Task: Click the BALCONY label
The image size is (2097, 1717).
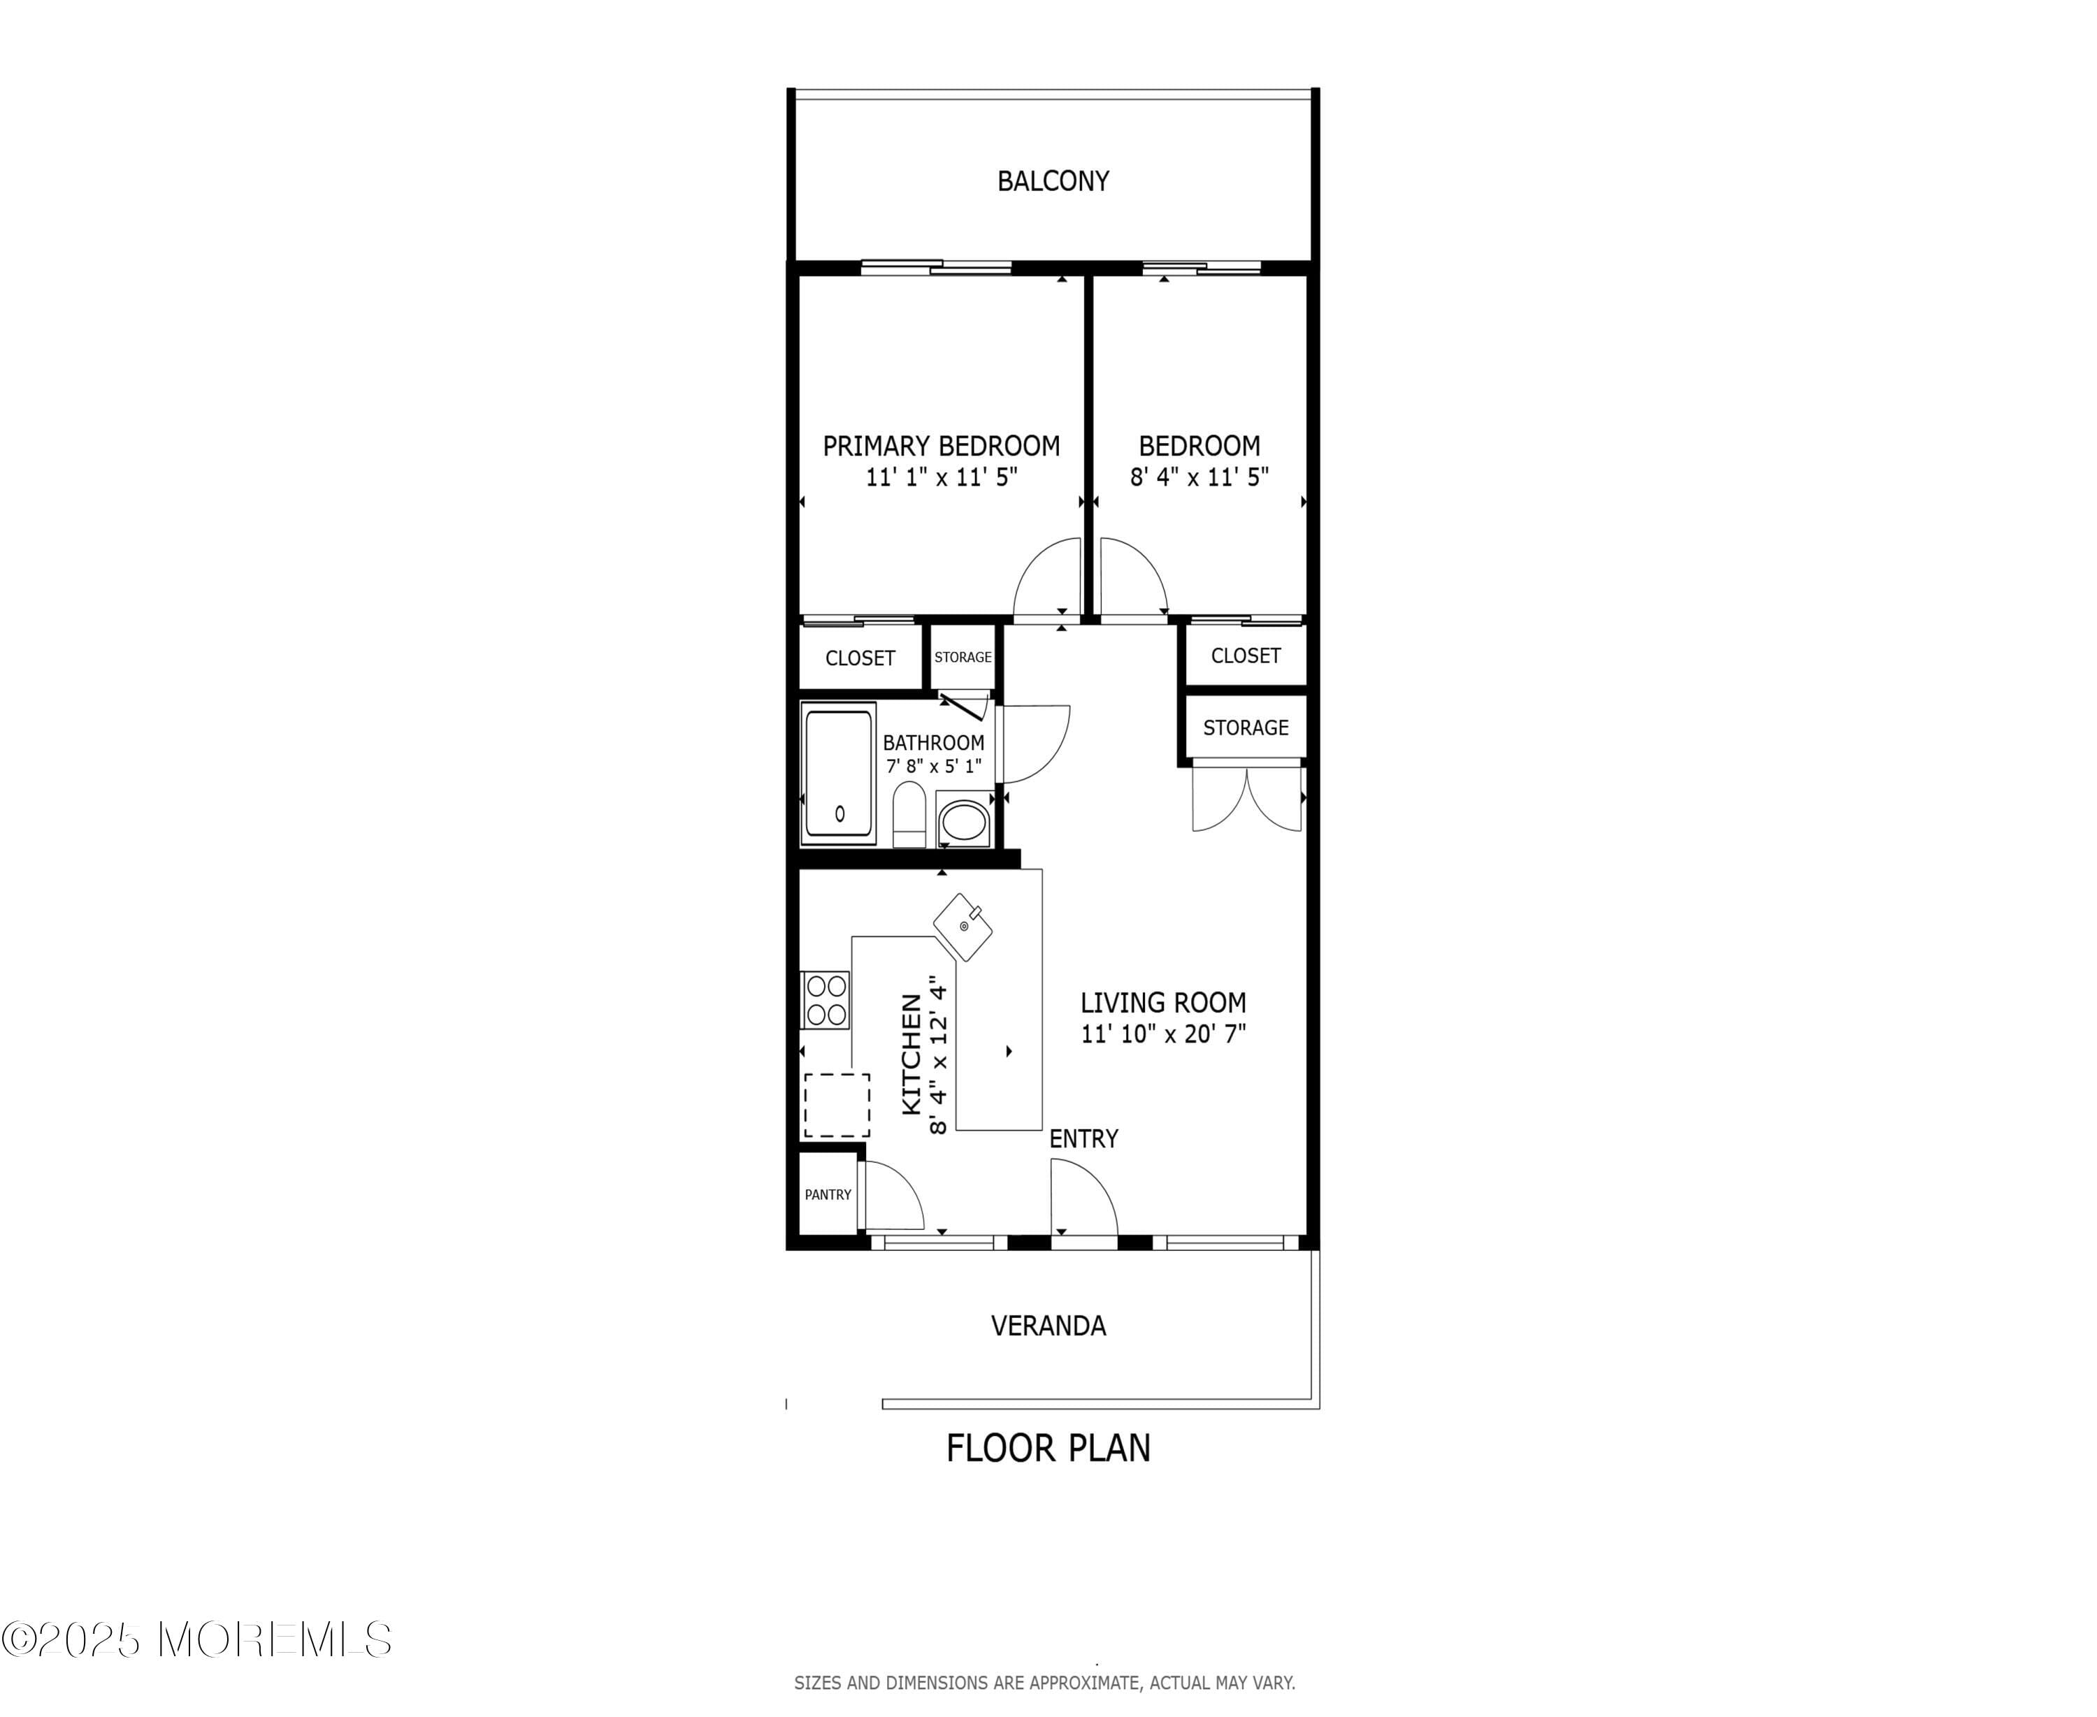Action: (1053, 181)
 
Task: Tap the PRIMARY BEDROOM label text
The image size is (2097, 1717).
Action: (941, 446)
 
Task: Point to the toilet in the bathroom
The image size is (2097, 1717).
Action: (907, 813)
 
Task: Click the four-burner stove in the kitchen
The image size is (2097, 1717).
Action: (825, 1000)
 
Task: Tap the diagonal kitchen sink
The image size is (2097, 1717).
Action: (963, 927)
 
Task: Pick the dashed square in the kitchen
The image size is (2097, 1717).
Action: (837, 1105)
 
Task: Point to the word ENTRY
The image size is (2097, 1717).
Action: (1083, 1139)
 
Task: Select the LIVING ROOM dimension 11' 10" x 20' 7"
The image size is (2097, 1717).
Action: (1163, 1034)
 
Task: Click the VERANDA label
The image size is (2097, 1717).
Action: (1048, 1326)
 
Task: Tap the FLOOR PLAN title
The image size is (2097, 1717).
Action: (1048, 1448)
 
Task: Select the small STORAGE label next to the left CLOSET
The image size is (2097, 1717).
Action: (963, 657)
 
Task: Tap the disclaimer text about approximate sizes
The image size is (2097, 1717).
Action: (1044, 1682)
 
